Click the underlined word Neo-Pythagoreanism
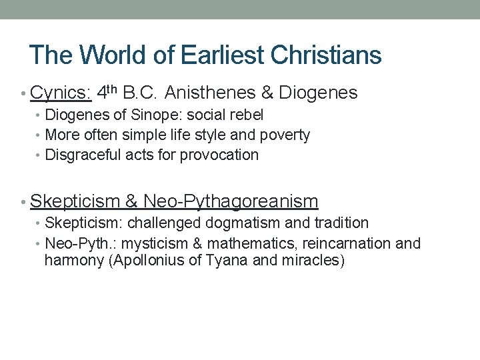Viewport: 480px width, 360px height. pyautogui.click(x=231, y=201)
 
